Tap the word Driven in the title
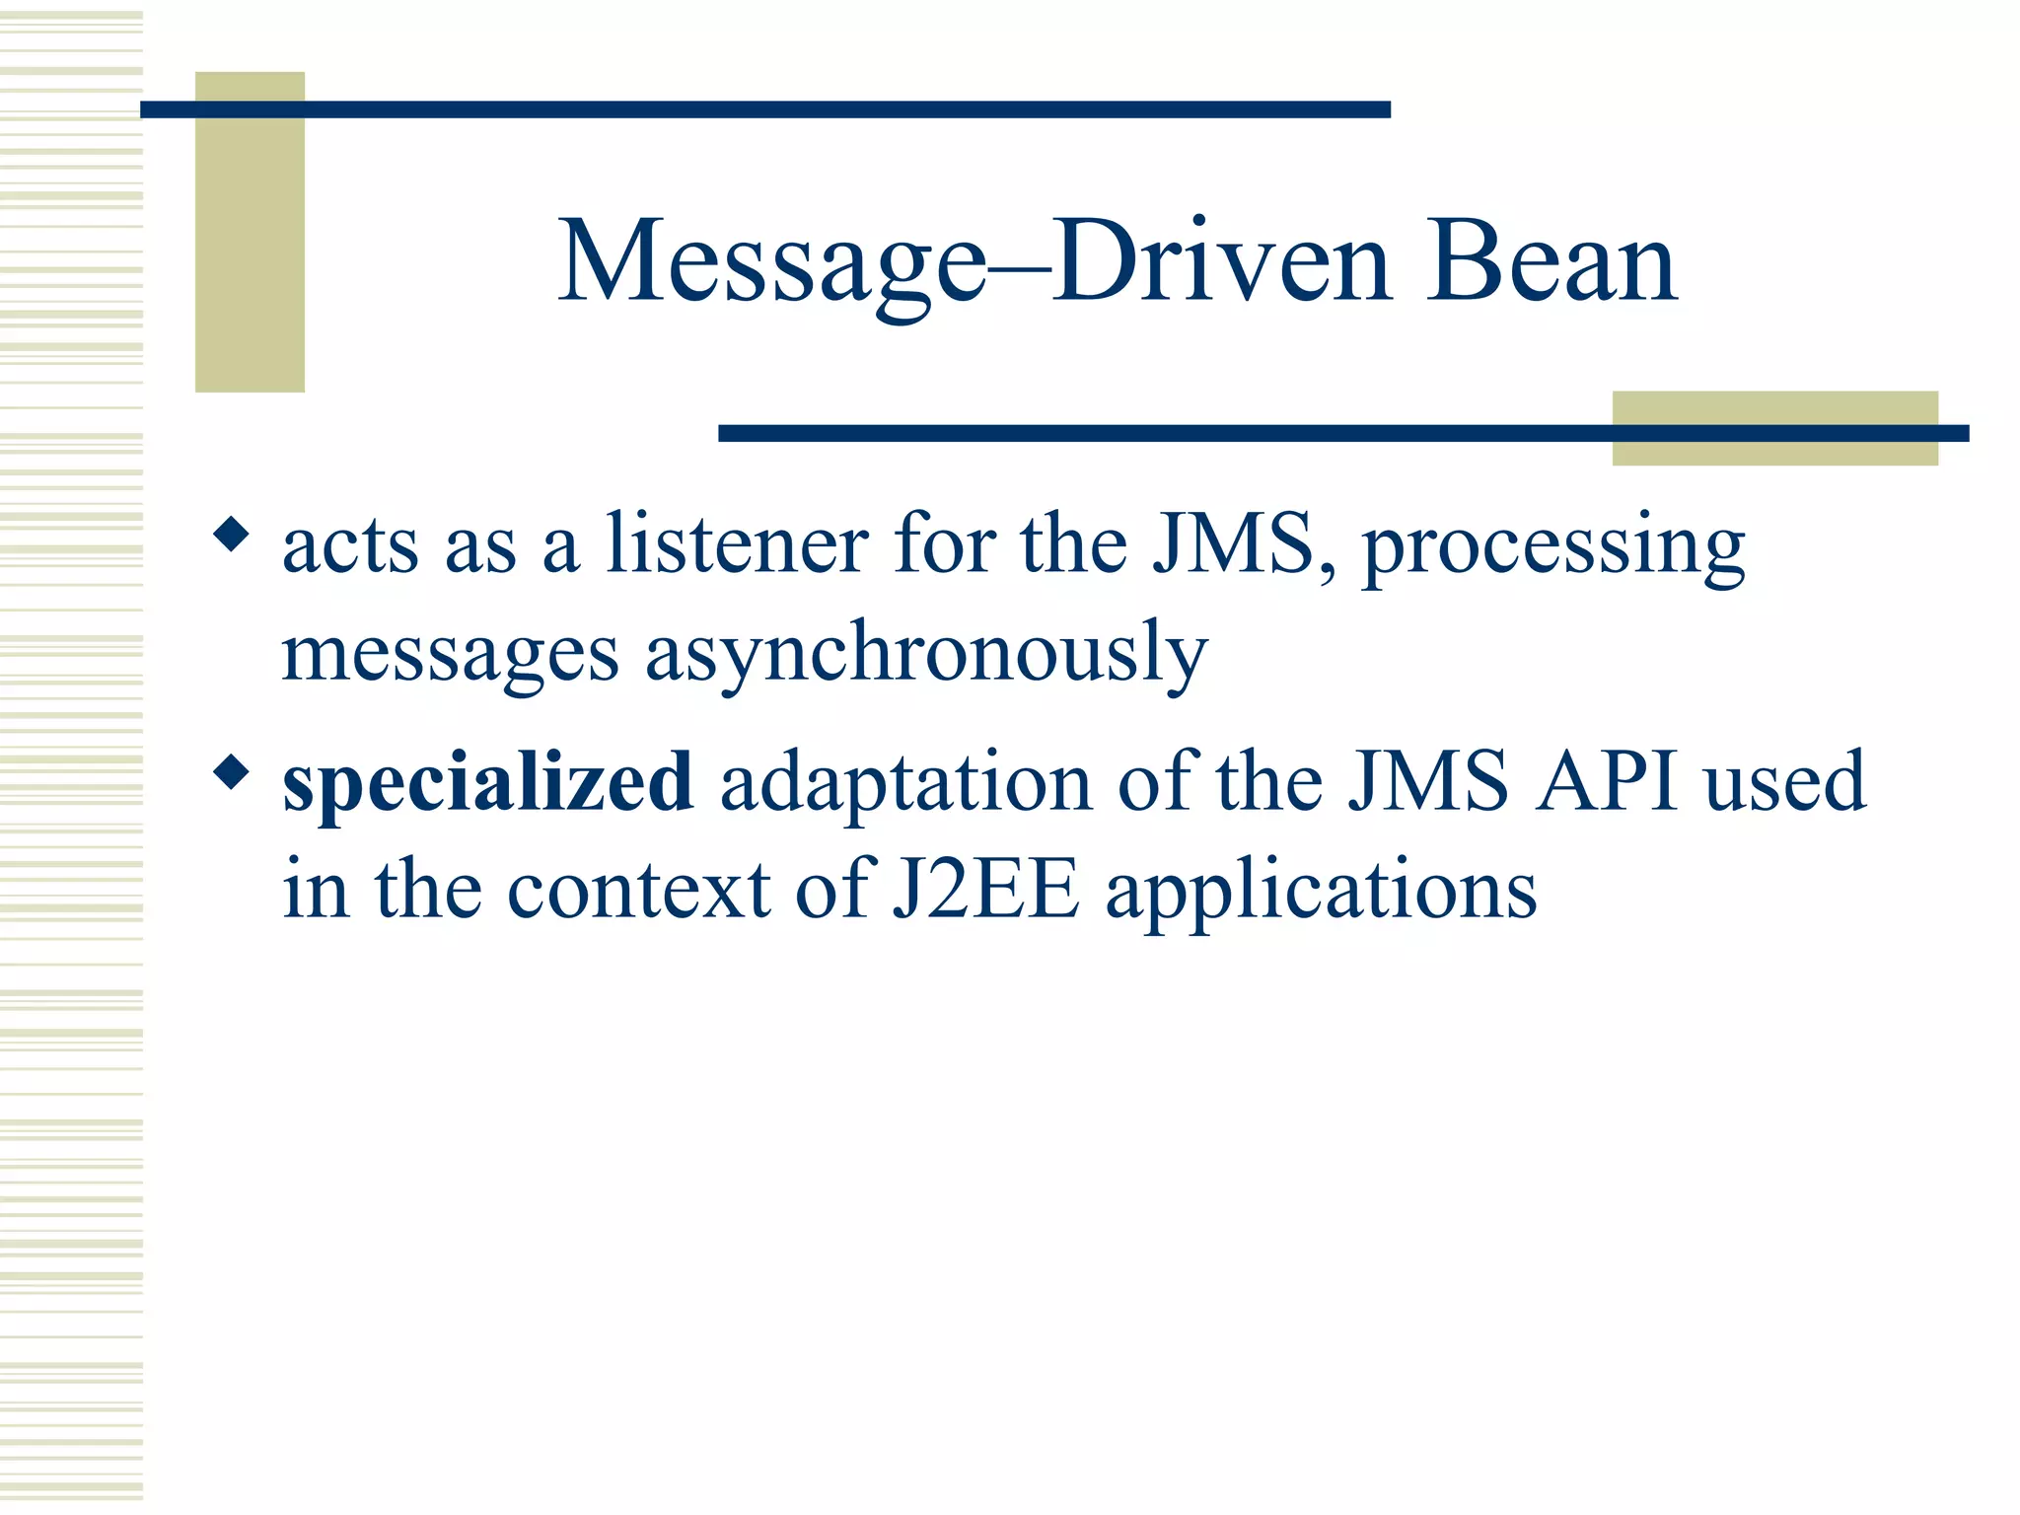click(x=1222, y=262)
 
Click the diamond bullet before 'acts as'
click(x=232, y=536)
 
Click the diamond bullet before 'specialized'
click(x=232, y=772)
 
